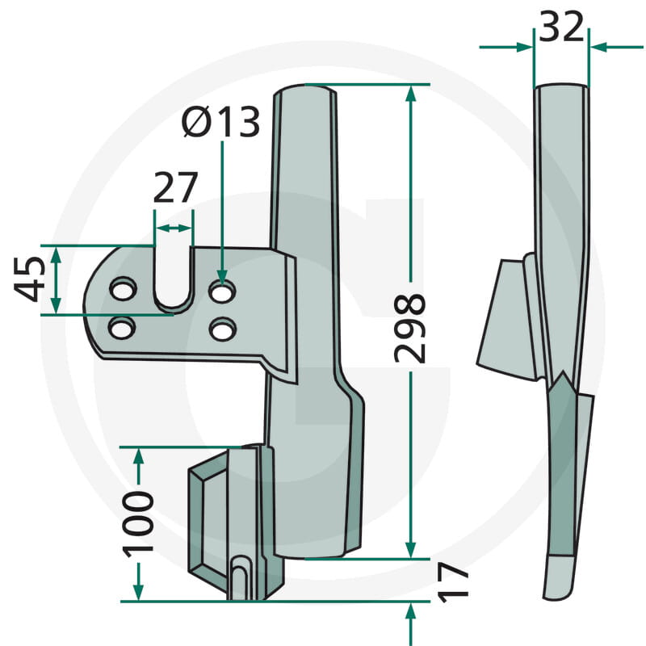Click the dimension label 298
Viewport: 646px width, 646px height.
pos(410,327)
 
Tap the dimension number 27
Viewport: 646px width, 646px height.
pos(175,189)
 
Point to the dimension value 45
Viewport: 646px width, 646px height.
pos(30,279)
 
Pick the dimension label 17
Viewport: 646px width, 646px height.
pos(455,580)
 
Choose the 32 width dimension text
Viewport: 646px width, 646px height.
pos(561,28)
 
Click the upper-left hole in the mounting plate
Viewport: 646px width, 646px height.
pos(122,289)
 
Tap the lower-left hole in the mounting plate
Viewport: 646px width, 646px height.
pos(122,328)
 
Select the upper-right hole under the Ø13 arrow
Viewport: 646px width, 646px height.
pos(221,289)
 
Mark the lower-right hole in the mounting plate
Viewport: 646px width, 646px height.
pos(221,329)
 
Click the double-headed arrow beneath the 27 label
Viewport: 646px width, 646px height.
pos(174,229)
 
